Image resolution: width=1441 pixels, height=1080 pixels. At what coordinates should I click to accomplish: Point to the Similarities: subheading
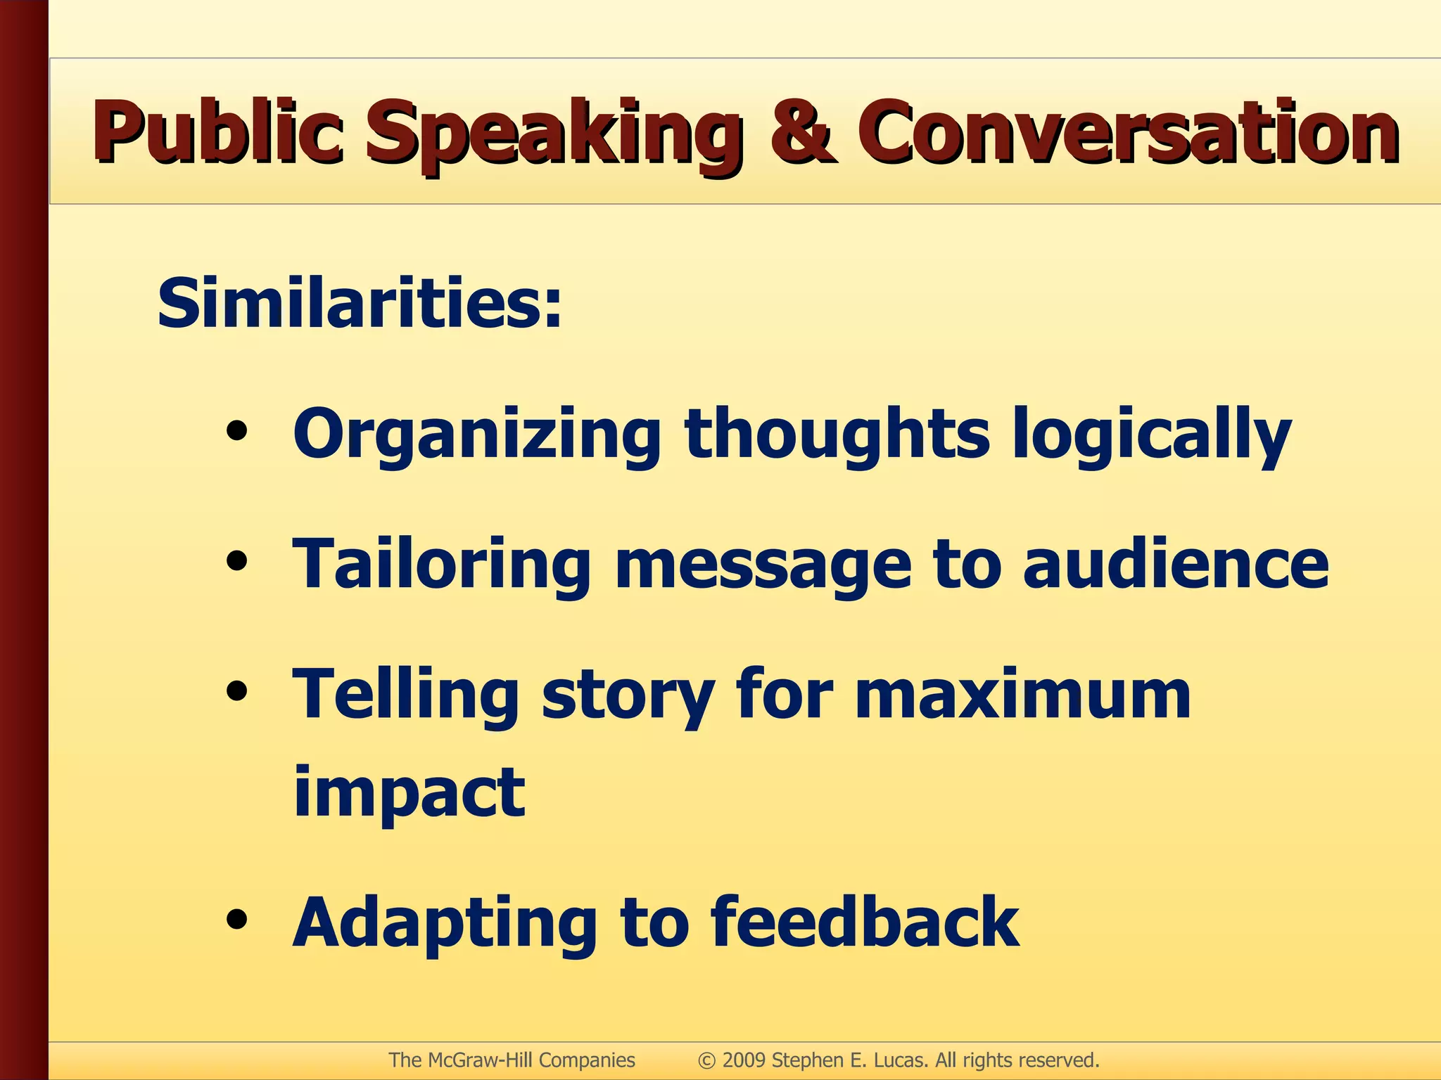point(360,304)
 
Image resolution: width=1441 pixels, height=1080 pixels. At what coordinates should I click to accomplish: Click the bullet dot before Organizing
point(237,431)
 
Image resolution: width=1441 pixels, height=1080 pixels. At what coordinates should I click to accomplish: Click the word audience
point(1175,564)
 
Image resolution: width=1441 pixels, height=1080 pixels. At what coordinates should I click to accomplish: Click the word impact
point(409,793)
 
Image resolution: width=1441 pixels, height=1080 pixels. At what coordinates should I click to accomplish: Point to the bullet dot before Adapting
point(237,920)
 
